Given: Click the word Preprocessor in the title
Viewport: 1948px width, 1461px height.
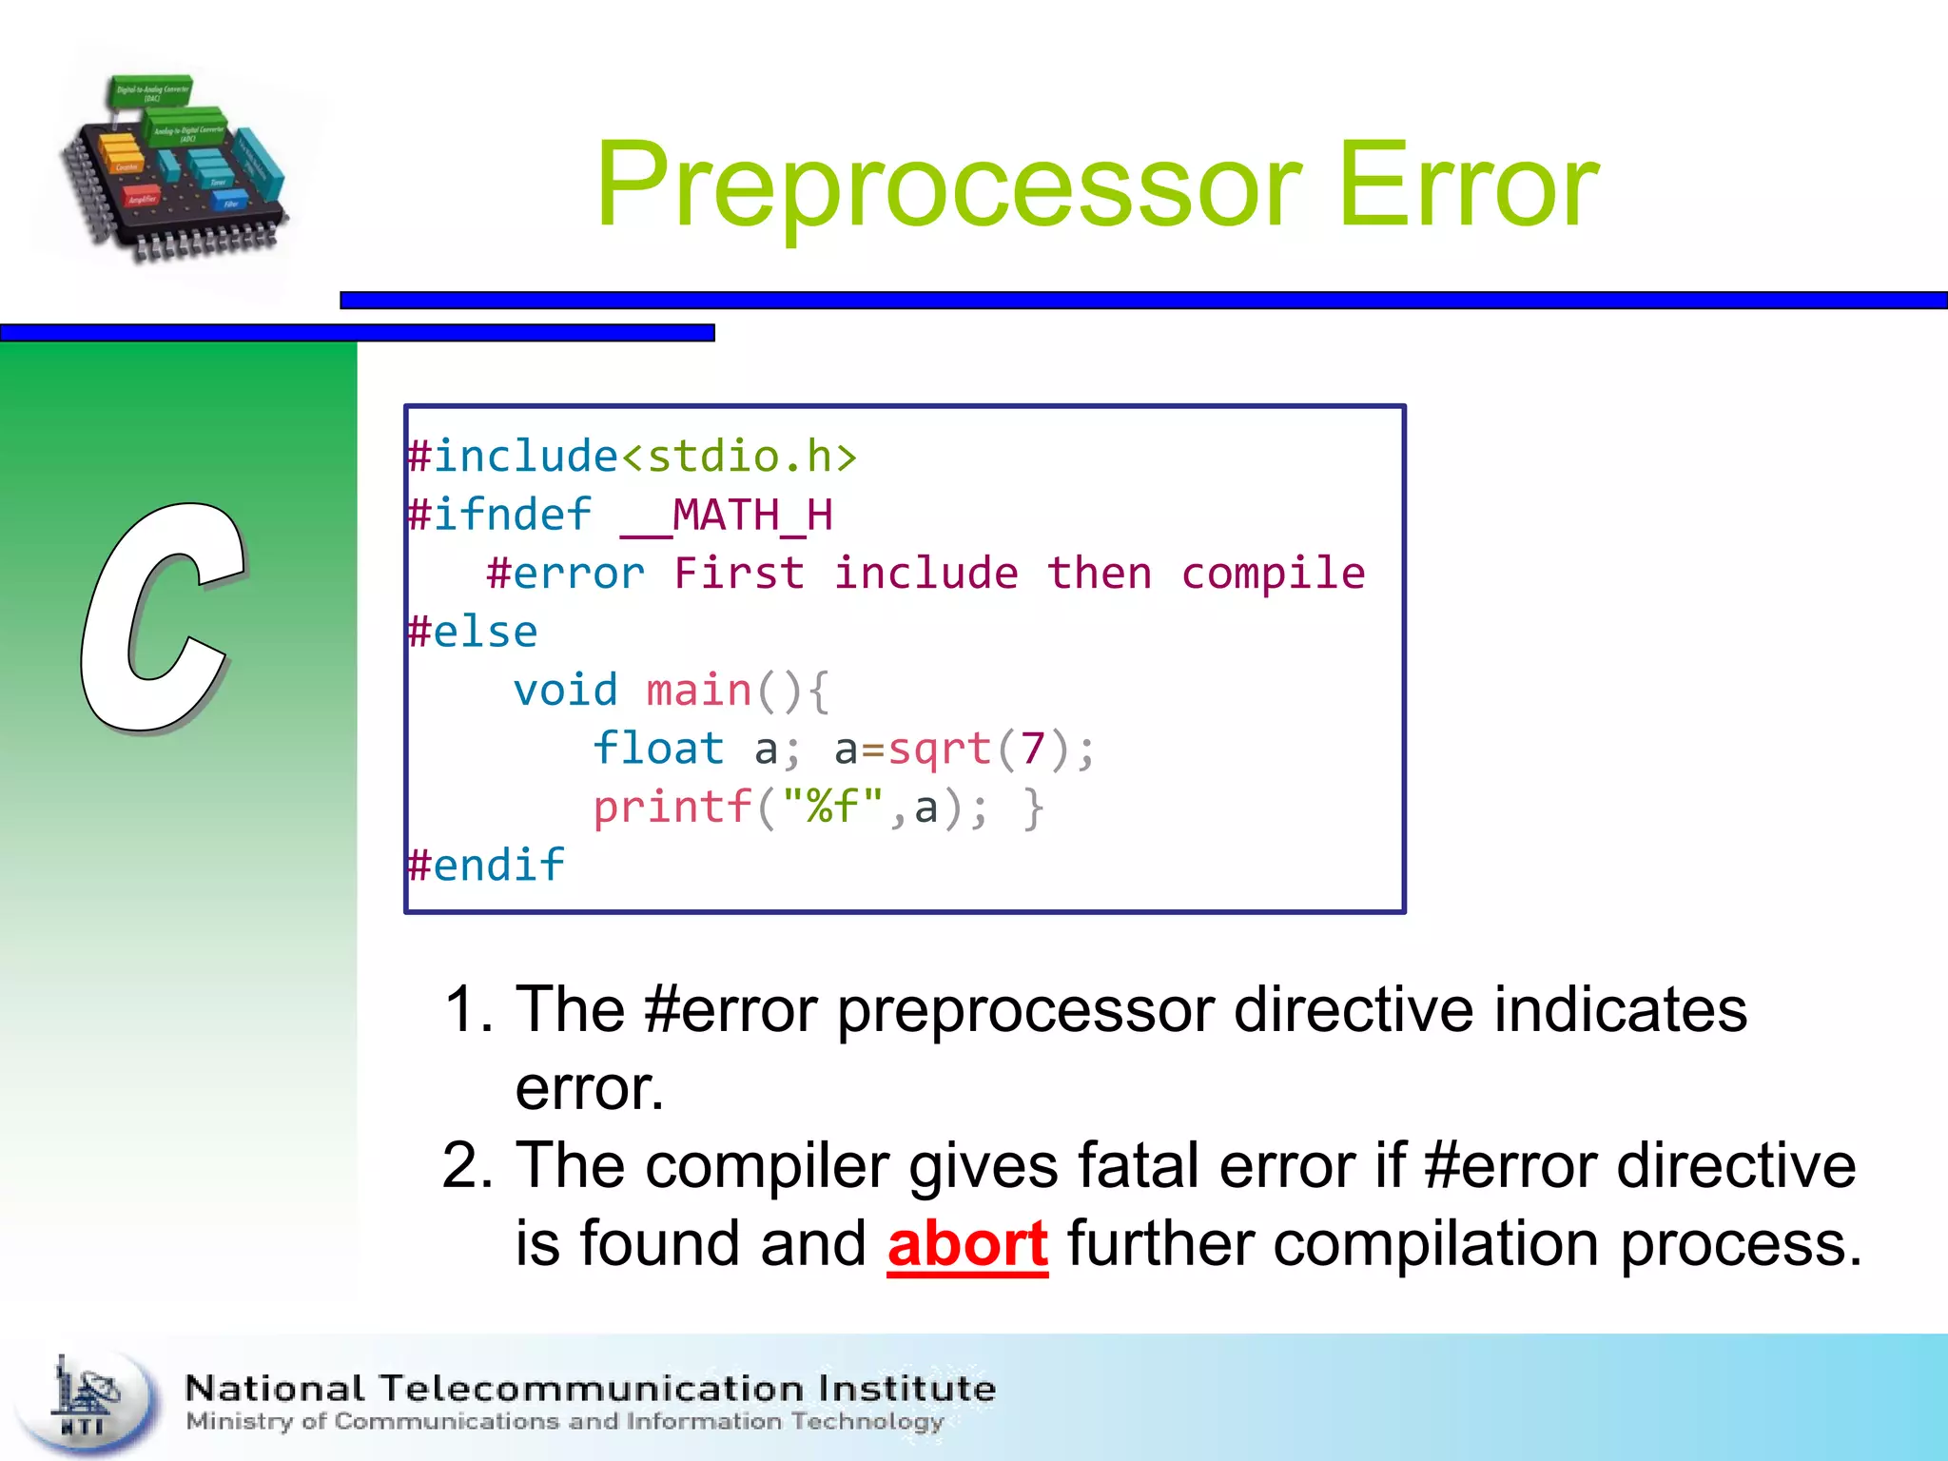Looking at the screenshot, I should coord(947,185).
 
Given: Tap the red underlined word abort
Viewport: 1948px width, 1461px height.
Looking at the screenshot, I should coord(967,1244).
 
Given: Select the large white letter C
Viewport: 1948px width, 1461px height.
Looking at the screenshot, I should coord(162,618).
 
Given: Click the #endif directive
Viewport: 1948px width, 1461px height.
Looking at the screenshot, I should coord(486,866).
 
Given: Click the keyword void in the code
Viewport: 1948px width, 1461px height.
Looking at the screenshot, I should coord(565,691).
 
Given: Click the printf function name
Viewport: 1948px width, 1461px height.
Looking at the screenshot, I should coord(672,808).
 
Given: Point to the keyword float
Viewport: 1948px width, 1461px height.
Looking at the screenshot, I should coord(658,750).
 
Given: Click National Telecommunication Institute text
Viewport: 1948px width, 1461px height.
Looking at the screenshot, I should coord(590,1389).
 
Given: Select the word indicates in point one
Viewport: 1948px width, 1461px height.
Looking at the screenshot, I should coord(1620,1010).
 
